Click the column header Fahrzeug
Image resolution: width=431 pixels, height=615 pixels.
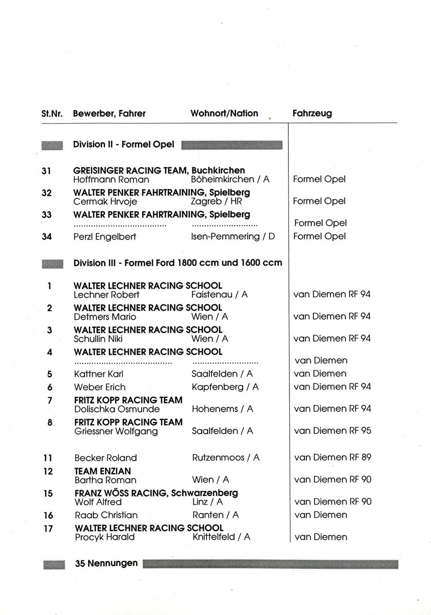[x=312, y=113]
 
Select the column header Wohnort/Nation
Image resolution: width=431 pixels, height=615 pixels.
[x=224, y=113]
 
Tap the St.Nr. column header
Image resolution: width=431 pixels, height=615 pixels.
[x=52, y=114]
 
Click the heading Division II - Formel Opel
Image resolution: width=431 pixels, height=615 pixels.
[x=124, y=145]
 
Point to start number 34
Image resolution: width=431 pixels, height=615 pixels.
[x=47, y=236]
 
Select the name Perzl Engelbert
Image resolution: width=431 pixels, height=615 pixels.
[x=106, y=236]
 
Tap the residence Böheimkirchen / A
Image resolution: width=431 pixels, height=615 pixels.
[x=230, y=179]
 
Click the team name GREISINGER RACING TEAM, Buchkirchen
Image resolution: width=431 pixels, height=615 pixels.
[x=159, y=170]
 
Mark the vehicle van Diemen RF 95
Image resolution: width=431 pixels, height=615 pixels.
[x=332, y=431]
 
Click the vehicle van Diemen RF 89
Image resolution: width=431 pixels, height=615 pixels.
[x=332, y=457]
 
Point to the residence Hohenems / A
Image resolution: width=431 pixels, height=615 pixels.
[x=223, y=409]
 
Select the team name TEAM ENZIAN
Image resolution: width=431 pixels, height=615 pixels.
[x=103, y=471]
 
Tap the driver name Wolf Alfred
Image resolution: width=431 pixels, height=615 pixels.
[x=98, y=502]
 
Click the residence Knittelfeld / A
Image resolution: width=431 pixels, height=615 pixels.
[x=221, y=537]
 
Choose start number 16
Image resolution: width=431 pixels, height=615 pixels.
[x=48, y=515]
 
